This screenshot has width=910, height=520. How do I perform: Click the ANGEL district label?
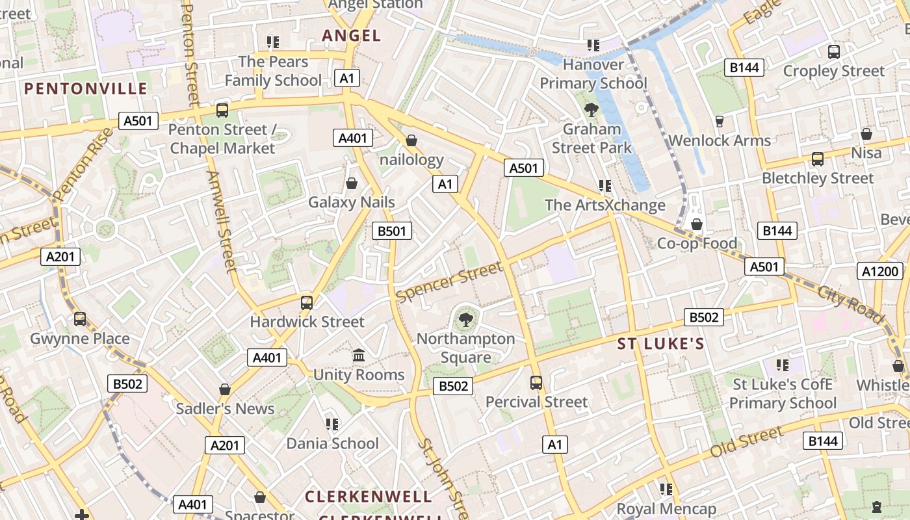click(352, 36)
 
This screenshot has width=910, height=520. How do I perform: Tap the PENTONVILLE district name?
click(86, 89)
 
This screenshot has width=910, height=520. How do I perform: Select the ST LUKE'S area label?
click(660, 344)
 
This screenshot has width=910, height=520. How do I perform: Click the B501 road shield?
click(391, 231)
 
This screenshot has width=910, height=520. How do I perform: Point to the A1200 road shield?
click(879, 272)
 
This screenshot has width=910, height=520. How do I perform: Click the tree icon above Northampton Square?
click(465, 318)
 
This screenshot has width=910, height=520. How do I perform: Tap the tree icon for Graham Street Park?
click(591, 109)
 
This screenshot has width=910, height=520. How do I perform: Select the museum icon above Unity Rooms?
click(359, 355)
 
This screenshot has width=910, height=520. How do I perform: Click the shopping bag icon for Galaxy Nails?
click(352, 183)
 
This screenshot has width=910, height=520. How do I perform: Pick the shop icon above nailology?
click(411, 140)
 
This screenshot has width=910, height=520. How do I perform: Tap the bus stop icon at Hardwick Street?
click(307, 302)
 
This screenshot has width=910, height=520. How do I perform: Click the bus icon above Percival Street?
click(536, 383)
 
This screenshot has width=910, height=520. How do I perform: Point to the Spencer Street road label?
click(449, 281)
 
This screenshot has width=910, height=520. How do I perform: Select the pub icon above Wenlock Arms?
click(720, 121)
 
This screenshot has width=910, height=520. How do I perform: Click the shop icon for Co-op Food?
click(697, 224)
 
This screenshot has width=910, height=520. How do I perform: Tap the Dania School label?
click(332, 443)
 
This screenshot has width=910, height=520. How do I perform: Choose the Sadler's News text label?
click(225, 409)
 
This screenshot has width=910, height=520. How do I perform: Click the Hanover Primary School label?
click(593, 74)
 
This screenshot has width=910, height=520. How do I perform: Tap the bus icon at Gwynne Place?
click(80, 319)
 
